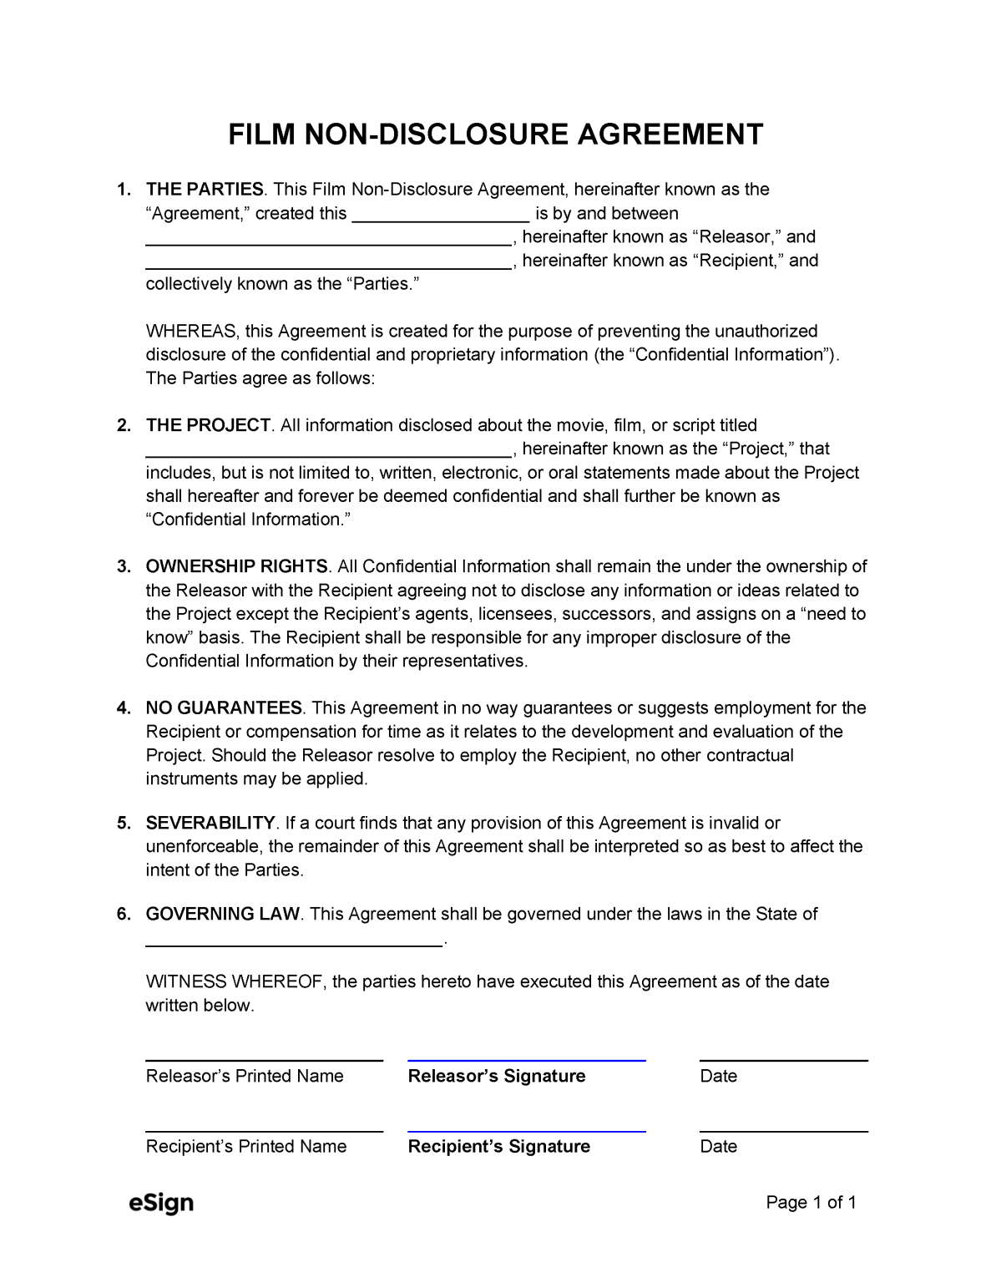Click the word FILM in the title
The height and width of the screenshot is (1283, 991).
coord(258,134)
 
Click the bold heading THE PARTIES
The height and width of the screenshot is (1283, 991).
coord(205,190)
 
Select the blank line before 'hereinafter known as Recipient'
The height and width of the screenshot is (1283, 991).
coord(328,266)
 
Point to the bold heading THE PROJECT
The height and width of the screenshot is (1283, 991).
coord(208,426)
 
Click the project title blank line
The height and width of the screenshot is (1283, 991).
coord(328,455)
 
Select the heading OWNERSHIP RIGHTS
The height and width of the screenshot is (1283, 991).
coord(237,567)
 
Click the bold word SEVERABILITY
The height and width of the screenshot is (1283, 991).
coord(210,824)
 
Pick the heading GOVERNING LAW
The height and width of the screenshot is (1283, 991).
coord(222,915)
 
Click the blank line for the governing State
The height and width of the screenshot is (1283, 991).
coord(294,944)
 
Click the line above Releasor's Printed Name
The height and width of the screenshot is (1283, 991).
coord(264,1060)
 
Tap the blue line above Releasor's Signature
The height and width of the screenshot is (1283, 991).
coord(526,1060)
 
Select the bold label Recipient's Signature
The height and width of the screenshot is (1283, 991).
coord(498,1147)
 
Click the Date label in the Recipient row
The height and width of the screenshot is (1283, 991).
coord(718,1147)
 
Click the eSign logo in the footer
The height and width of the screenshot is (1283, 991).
coord(161,1204)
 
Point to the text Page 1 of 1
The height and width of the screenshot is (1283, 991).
coord(812,1204)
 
